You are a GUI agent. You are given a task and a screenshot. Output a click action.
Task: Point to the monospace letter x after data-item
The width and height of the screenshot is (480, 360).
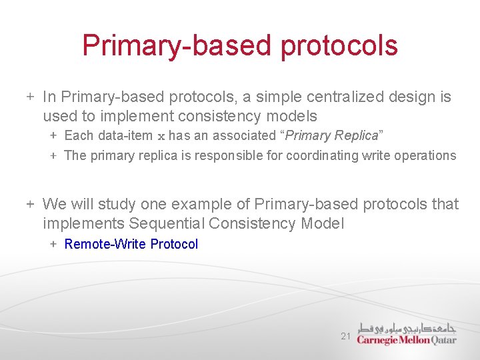click(160, 137)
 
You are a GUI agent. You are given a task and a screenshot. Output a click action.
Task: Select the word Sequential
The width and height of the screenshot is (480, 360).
click(172, 224)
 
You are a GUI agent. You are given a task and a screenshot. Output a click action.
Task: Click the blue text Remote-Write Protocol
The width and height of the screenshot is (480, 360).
click(131, 245)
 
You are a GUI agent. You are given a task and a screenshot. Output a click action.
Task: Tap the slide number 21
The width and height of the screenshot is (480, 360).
click(345, 337)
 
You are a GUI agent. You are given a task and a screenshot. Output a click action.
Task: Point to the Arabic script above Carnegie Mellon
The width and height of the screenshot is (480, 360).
click(407, 327)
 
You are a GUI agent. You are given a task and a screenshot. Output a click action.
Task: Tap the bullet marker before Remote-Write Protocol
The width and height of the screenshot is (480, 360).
click(53, 245)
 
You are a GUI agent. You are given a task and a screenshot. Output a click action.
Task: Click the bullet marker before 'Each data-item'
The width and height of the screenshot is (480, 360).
click(53, 136)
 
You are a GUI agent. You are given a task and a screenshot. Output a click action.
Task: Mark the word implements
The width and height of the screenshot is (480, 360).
click(83, 224)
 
